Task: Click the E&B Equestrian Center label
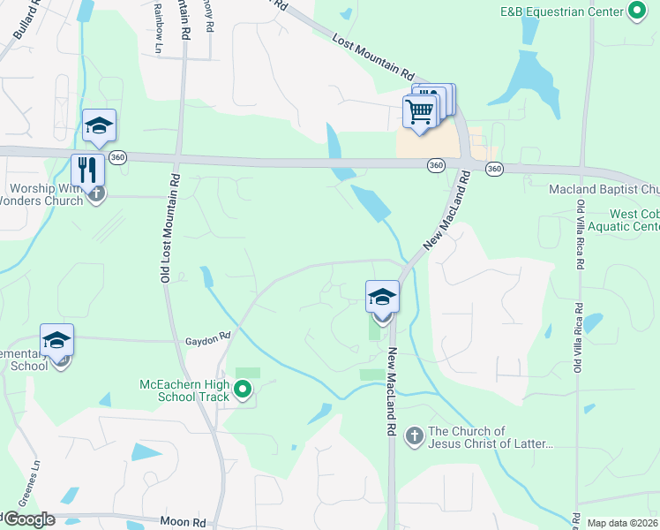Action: (560, 12)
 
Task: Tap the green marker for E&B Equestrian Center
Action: (637, 12)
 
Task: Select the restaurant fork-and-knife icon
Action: (87, 169)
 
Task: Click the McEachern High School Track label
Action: (184, 390)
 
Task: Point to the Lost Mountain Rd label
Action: (373, 57)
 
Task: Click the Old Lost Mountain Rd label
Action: (169, 228)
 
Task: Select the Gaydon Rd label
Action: (207, 337)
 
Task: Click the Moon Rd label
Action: (184, 522)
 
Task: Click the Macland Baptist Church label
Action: (604, 189)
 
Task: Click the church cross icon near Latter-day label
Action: (415, 435)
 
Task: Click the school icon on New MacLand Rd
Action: (382, 296)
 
